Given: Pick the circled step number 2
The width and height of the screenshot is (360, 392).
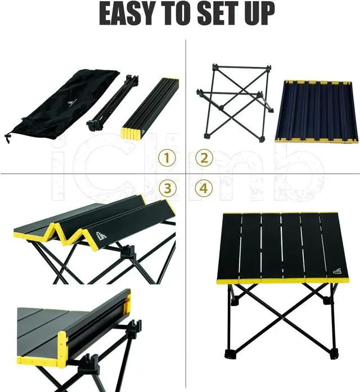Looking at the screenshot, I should coord(204,158).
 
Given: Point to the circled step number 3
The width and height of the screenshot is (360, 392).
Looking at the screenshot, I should coord(166,188).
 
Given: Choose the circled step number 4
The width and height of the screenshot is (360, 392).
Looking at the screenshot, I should coord(204,188).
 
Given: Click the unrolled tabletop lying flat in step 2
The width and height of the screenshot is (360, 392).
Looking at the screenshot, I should coord(317,111).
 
